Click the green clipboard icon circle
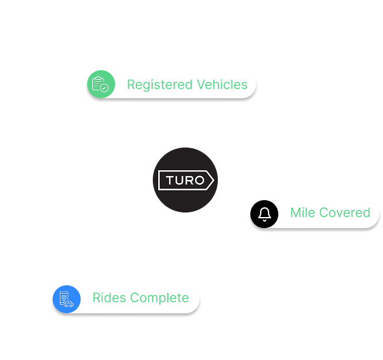(101, 84)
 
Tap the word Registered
(160, 85)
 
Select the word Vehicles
(222, 84)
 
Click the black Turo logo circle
(185, 180)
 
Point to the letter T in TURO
(170, 181)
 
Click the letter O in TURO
(200, 181)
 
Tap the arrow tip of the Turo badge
(214, 181)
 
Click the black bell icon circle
(264, 214)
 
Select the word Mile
(302, 212)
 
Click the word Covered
(345, 212)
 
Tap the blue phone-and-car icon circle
(67, 299)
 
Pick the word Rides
(109, 298)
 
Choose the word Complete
(159, 298)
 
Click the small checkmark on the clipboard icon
(105, 88)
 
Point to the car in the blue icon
(69, 304)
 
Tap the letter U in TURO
(180, 181)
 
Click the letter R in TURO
(190, 181)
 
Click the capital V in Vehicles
(202, 84)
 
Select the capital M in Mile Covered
(296, 212)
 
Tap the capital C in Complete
(135, 298)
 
